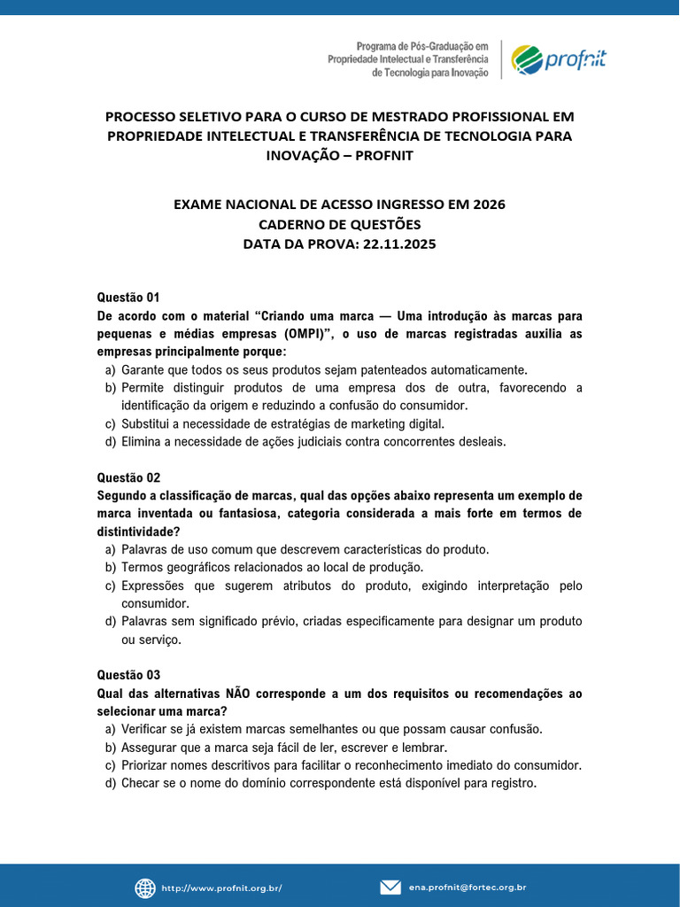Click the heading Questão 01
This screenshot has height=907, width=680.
pyautogui.click(x=127, y=298)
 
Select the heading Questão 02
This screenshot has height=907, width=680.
pyautogui.click(x=127, y=477)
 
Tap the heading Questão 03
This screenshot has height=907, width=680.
pyautogui.click(x=127, y=675)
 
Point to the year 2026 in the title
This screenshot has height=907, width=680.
pyautogui.click(x=487, y=205)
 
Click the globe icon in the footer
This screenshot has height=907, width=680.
pyautogui.click(x=145, y=888)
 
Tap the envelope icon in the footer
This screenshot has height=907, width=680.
pyautogui.click(x=390, y=888)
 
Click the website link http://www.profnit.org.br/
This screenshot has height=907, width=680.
pyautogui.click(x=221, y=888)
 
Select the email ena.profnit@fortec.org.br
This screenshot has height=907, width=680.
pyautogui.click(x=467, y=888)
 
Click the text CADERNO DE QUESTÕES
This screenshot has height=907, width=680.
pyautogui.click(x=339, y=224)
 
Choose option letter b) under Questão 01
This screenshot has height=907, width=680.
pyautogui.click(x=111, y=388)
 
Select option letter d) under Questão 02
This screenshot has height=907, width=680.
pyautogui.click(x=111, y=622)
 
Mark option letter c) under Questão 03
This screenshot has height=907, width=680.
pyautogui.click(x=111, y=765)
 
